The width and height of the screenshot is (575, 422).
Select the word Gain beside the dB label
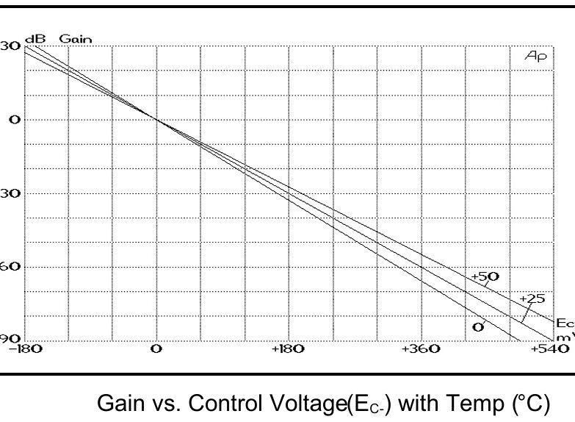click(x=76, y=39)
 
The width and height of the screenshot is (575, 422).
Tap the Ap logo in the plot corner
click(x=536, y=56)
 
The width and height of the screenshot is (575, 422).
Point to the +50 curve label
click(x=485, y=277)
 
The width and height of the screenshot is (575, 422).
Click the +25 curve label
click(x=532, y=299)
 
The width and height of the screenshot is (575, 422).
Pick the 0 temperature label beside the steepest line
click(x=478, y=327)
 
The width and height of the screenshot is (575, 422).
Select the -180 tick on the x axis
click(x=26, y=349)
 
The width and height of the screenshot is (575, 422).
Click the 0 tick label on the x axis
click(x=156, y=349)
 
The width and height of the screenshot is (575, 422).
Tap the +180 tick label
click(x=287, y=349)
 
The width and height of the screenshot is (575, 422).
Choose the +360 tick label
click(x=421, y=349)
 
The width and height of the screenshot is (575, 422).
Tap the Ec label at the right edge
click(x=564, y=323)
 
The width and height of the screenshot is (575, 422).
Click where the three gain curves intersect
click(x=156, y=120)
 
